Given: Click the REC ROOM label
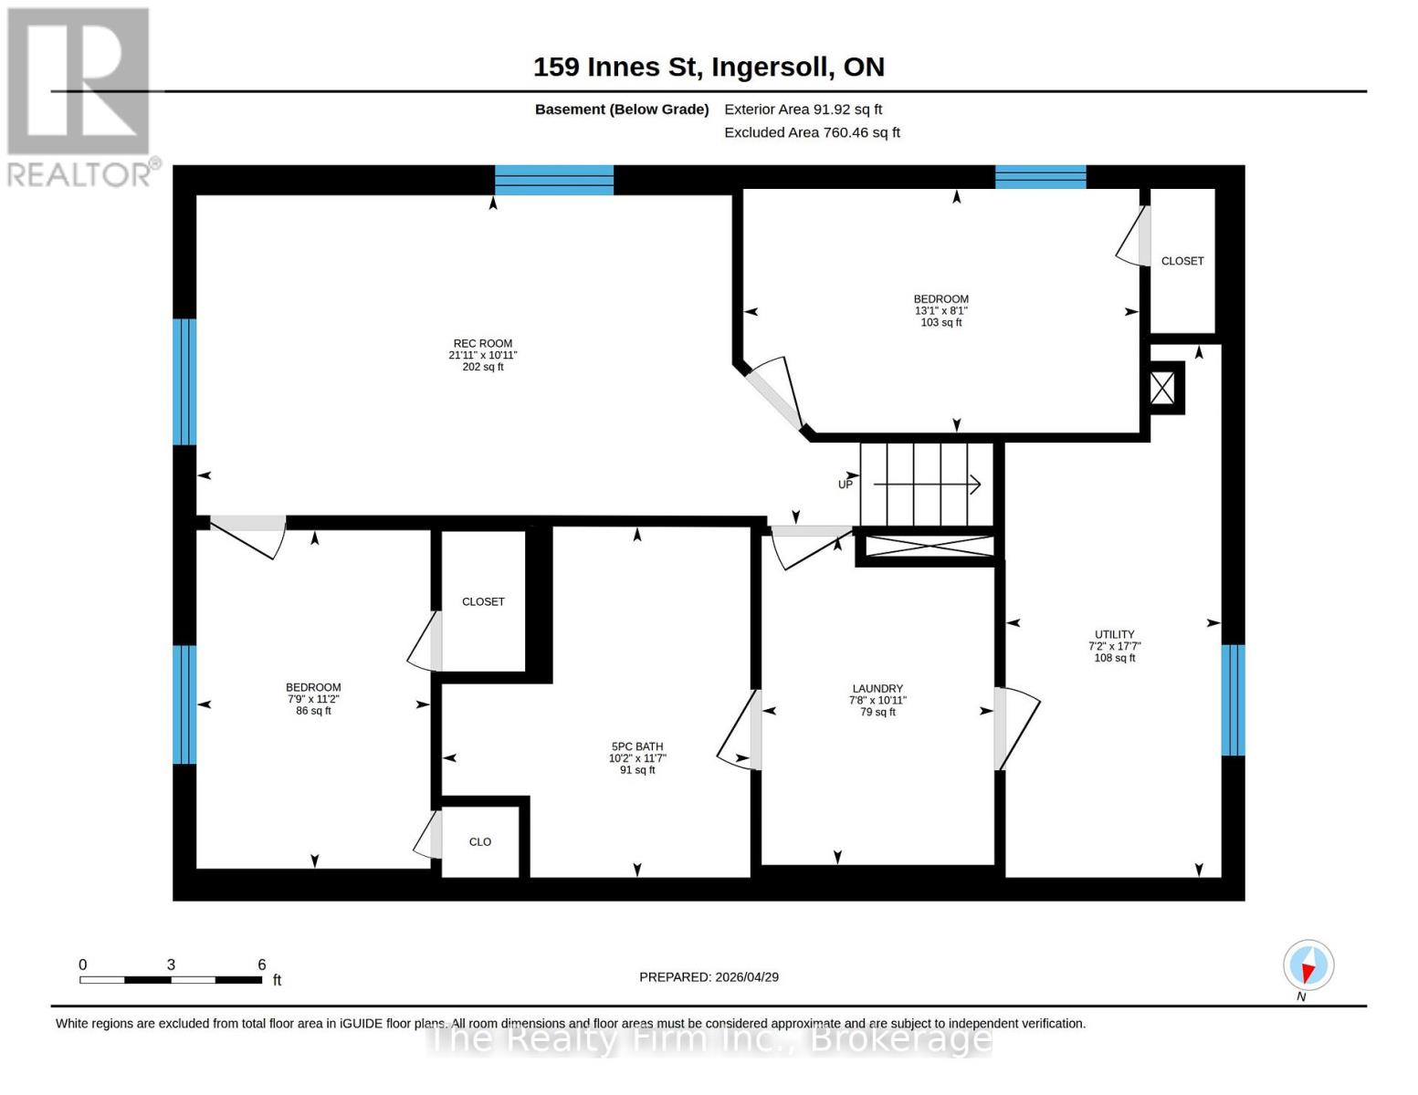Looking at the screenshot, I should coord(482,344).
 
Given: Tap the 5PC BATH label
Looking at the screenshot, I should coord(636,746).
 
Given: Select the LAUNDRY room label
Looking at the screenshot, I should coord(877,689).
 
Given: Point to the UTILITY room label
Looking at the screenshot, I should coord(1114,634).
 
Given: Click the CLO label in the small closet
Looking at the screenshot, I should coord(480,842).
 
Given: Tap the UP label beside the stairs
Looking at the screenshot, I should coord(846,485).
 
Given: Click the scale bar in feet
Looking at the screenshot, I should coord(171,979).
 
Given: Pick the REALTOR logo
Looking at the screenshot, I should coord(79,96).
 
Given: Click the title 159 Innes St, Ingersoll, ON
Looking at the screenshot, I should coord(709,67).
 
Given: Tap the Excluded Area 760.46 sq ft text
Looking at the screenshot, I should coord(812,132).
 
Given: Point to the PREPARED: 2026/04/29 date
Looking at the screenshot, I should coord(709,976).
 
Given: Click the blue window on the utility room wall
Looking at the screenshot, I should coord(1233,700).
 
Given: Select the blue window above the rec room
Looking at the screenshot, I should coord(554,180).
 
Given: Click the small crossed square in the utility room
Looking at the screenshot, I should coord(1162,388).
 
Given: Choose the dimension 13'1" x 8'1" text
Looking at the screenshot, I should coord(940,311).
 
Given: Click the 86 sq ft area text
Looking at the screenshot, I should coord(313,711).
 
